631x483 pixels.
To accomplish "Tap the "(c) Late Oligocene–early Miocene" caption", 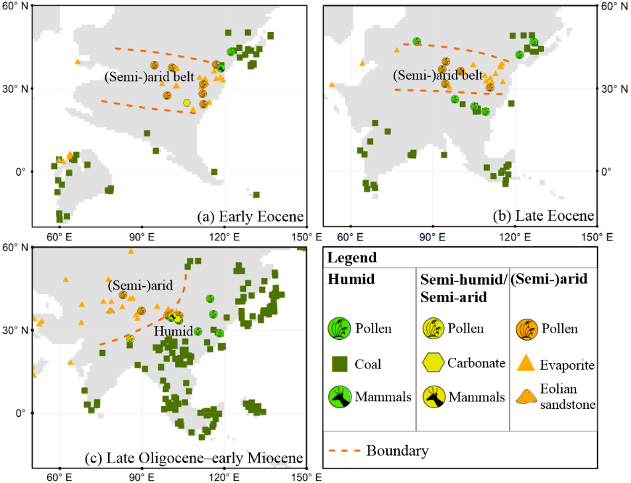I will [x=194, y=458].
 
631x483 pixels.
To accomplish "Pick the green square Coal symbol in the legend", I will [x=340, y=363].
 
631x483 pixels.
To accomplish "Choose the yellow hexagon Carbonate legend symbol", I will [x=433, y=362].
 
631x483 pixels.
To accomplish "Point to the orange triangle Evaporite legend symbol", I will [x=526, y=362].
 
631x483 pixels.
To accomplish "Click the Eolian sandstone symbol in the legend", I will [x=526, y=396].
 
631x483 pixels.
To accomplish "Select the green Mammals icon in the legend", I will [x=340, y=396].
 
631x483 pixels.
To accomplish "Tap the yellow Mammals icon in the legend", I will [x=433, y=396].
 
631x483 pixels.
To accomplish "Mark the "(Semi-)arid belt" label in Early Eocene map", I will [x=148, y=77].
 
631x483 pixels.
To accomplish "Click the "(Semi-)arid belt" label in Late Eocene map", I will [x=437, y=75].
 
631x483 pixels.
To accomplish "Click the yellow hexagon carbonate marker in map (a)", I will [x=188, y=103].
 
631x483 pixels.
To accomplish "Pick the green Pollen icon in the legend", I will [x=340, y=327].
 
